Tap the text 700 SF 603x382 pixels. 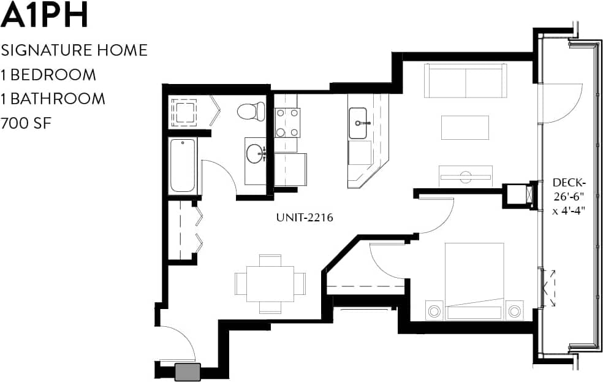tap(25, 123)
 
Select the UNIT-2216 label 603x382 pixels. tap(304, 217)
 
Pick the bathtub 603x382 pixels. tap(183, 166)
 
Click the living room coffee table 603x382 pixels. tap(465, 128)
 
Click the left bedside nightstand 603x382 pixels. tap(434, 310)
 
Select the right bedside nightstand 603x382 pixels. tap(514, 310)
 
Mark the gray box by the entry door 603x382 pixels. tap(188, 372)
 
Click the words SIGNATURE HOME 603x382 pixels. tap(74, 50)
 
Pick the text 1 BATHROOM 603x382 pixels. tap(53, 99)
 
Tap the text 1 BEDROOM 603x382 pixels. tap(48, 75)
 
